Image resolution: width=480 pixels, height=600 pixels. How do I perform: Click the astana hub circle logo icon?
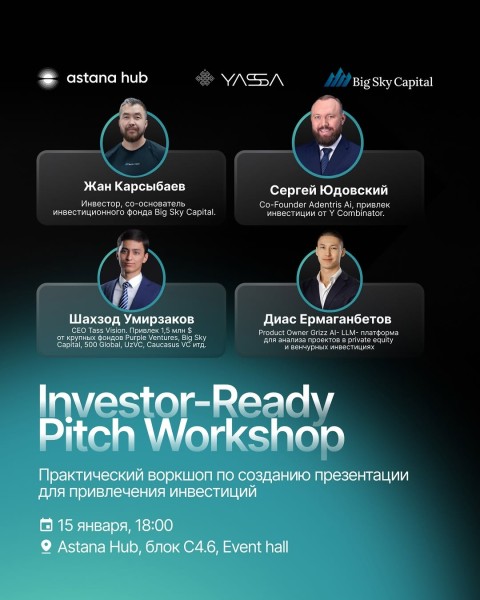tap(48, 78)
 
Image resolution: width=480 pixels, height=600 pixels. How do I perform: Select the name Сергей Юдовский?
tap(328, 190)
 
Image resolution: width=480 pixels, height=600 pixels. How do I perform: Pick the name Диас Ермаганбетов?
tap(328, 318)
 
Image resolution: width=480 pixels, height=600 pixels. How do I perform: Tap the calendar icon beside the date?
tap(45, 525)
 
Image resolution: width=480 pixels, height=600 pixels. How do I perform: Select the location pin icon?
tap(45, 547)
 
